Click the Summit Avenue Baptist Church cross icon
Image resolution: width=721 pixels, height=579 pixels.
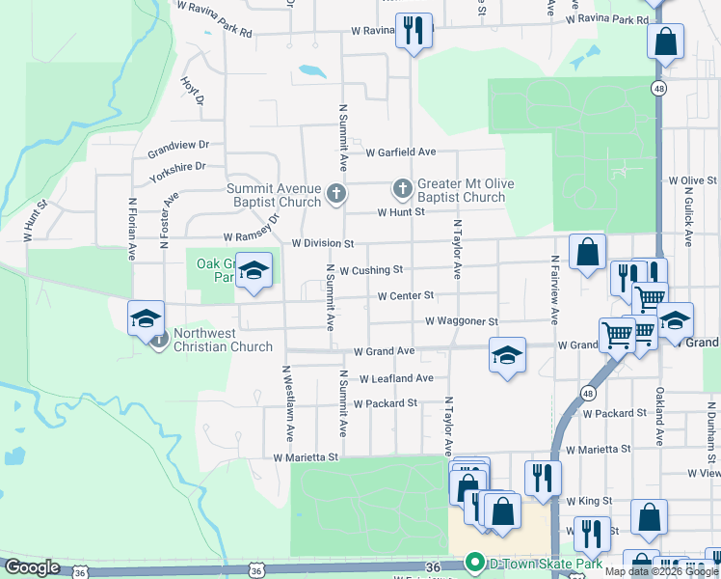(336, 193)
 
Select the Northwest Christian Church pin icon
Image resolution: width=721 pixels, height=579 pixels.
(160, 338)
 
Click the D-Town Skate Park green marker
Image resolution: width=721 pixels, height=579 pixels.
(473, 562)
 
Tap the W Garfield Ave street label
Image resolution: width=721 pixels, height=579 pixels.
(401, 152)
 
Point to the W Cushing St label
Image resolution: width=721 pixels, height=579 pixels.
(371, 270)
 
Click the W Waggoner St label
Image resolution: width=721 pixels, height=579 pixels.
(462, 321)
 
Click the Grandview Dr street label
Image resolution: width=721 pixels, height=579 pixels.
(178, 151)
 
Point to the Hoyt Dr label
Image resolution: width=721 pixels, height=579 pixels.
(193, 92)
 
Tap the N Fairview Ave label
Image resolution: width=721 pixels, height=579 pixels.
(554, 289)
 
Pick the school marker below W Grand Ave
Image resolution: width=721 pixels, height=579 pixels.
(507, 354)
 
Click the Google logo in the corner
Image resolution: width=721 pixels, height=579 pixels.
(32, 567)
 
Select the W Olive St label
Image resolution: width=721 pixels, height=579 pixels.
(692, 180)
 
